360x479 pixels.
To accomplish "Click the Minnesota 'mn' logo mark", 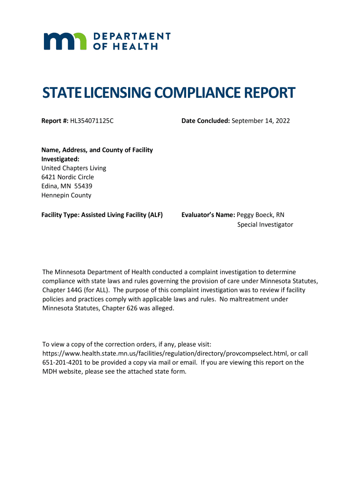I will click(65, 41).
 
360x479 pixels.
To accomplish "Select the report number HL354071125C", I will click(92, 121).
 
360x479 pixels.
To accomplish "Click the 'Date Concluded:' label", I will click(206, 121).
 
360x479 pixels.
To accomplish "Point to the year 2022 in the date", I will click(282, 121).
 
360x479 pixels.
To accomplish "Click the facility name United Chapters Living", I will click(74, 168).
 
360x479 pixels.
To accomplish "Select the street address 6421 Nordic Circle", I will click(68, 177).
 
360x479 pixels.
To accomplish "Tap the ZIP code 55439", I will click(83, 186).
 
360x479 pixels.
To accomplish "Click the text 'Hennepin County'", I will click(66, 196).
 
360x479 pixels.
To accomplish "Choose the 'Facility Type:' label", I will click(61, 215).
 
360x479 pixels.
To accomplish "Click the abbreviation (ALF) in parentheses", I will click(155, 215).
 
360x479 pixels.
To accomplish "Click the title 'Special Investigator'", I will click(265, 225).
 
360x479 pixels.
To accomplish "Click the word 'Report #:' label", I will click(55, 121).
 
